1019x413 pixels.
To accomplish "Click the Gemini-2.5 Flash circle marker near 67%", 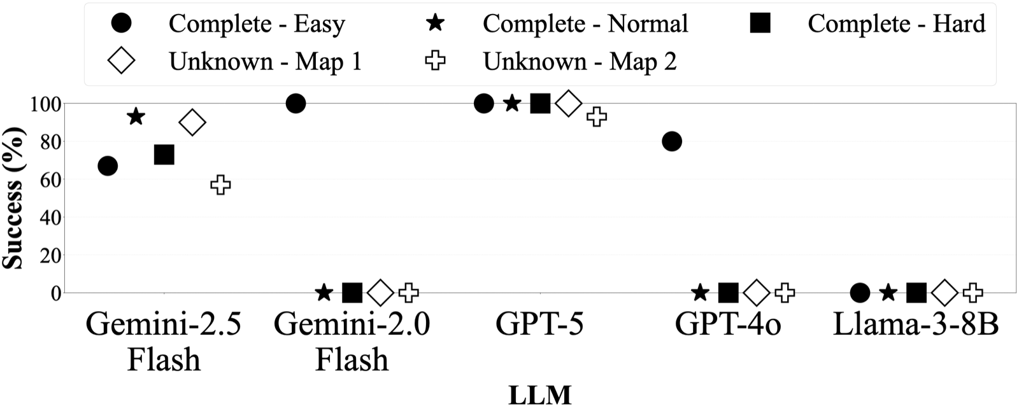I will click(x=108, y=166).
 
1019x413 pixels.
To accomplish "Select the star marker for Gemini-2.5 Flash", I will click(x=136, y=116).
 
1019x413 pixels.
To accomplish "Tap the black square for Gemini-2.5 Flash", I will click(x=164, y=154).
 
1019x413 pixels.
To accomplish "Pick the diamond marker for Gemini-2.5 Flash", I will click(x=192, y=122).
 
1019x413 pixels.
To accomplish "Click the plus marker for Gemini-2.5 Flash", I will click(x=220, y=185).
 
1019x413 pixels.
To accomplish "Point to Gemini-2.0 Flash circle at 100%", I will click(x=296, y=103).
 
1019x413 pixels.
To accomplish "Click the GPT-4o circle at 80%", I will click(x=671, y=141).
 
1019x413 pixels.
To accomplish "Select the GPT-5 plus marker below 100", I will click(x=596, y=116).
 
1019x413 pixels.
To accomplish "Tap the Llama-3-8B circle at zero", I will click(x=860, y=293).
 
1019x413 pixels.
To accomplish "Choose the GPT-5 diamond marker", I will click(x=568, y=103).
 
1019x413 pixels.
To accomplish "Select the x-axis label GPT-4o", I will click(x=728, y=325).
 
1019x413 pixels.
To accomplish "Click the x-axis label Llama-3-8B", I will click(x=916, y=325).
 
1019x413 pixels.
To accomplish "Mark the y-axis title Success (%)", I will click(x=14, y=199).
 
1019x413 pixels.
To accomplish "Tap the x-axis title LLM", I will click(x=539, y=396).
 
